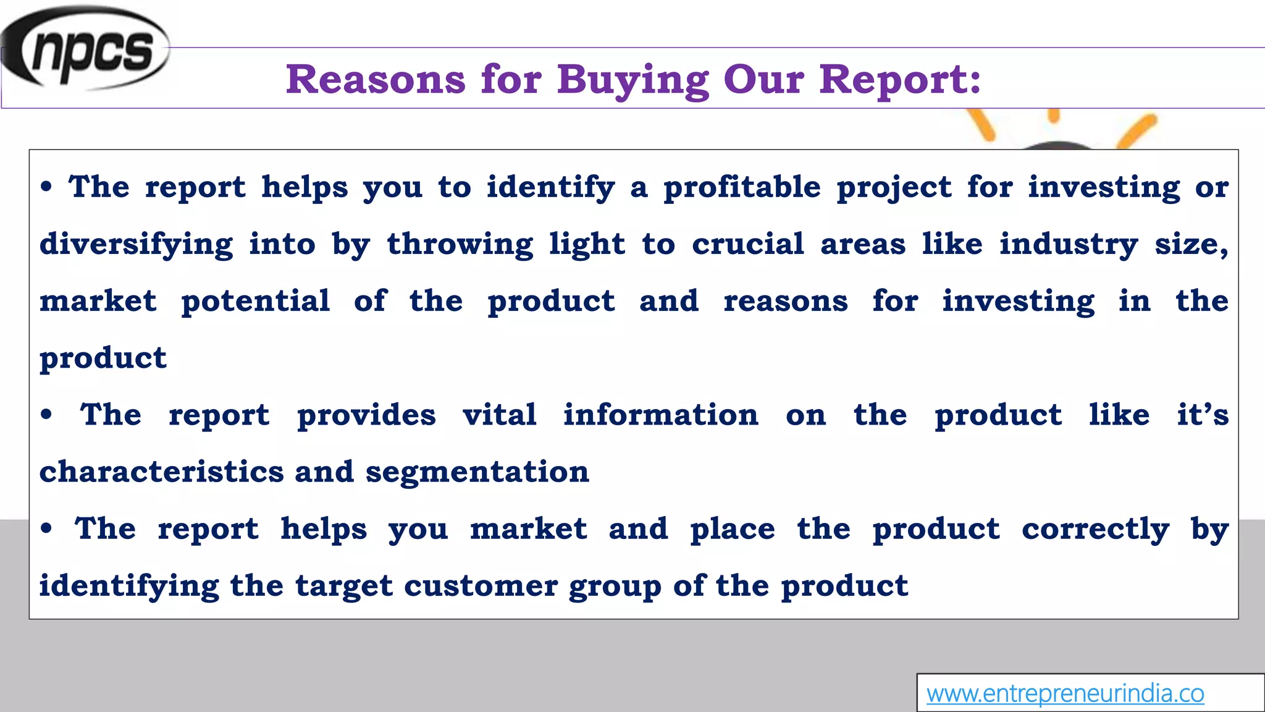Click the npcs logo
click(x=86, y=49)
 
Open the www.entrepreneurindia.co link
click(x=1065, y=693)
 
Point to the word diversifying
click(x=137, y=245)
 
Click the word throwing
click(x=460, y=245)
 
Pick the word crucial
click(x=748, y=244)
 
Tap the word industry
click(x=1069, y=245)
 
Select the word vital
click(x=500, y=415)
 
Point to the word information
click(x=660, y=415)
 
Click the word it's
click(x=1203, y=415)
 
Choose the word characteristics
click(x=161, y=472)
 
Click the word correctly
click(x=1095, y=530)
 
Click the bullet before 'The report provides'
click(x=46, y=415)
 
